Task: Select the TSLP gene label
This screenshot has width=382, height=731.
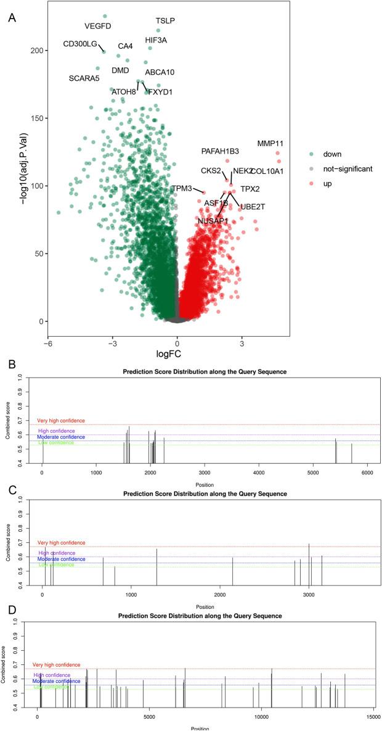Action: pos(165,20)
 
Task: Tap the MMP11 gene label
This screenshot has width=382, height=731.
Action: pos(270,144)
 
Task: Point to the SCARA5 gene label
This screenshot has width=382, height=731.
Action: pos(84,78)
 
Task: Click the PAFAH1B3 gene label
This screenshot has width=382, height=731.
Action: pos(220,151)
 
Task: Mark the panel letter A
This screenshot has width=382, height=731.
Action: pos(12,17)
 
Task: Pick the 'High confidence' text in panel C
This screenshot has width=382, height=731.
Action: pos(56,553)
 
